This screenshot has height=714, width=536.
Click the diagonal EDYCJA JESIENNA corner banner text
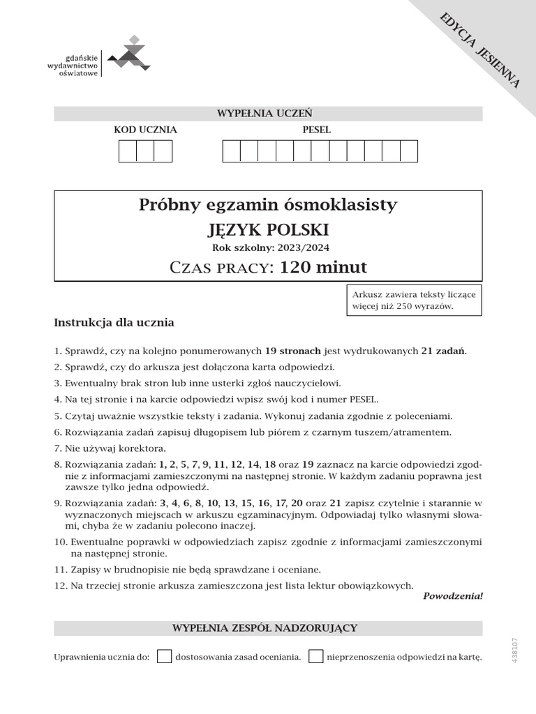pyautogui.click(x=479, y=50)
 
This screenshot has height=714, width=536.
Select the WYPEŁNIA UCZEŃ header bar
pyautogui.click(x=268, y=114)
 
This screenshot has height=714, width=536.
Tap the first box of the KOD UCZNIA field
pyautogui.click(x=128, y=151)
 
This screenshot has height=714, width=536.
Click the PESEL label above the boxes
pyautogui.click(x=316, y=130)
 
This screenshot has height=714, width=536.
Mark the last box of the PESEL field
pyautogui.click(x=408, y=151)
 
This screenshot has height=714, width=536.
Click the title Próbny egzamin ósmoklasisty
pyautogui.click(x=268, y=205)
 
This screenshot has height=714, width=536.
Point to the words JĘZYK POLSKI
pyautogui.click(x=268, y=230)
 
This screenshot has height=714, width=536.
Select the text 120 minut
pyautogui.click(x=322, y=267)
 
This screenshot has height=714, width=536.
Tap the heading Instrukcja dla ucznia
pyautogui.click(x=114, y=323)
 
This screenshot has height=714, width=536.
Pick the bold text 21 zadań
pyautogui.click(x=443, y=351)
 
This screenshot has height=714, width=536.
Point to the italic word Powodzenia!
pyautogui.click(x=453, y=596)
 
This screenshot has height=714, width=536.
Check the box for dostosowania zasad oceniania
pyautogui.click(x=165, y=656)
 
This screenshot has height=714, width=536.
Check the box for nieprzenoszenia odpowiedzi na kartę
pyautogui.click(x=316, y=656)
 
